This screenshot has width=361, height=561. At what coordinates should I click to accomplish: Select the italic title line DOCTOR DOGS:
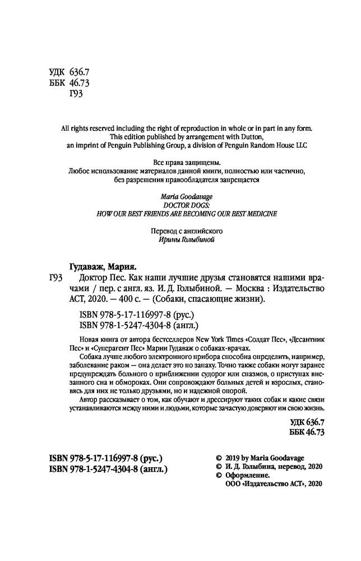click(180, 205)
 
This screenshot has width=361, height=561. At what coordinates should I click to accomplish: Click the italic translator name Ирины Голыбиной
click(180, 240)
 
